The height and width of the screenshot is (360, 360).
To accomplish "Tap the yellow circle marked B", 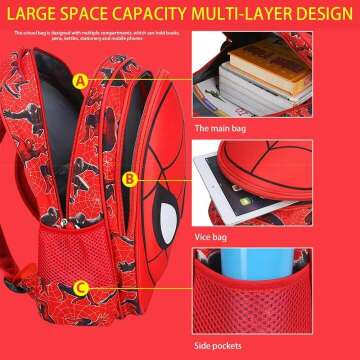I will pos(128,179).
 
